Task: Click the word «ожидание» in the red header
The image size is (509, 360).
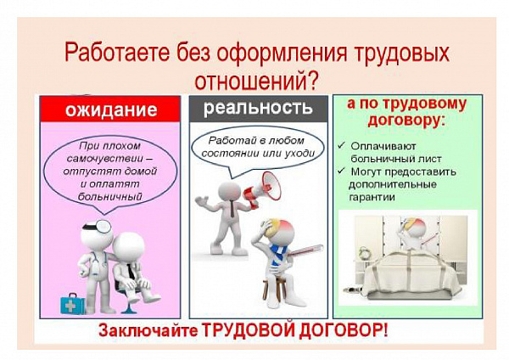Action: coord(111,110)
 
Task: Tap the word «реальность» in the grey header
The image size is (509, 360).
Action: coord(258,108)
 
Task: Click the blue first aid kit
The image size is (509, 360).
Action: coord(72,303)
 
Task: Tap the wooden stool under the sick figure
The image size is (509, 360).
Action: coord(274,290)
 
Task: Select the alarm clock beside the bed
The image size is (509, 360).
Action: coord(365,254)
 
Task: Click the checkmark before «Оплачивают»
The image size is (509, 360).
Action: coord(341,145)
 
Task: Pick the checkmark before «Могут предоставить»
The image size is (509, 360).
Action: coord(341,171)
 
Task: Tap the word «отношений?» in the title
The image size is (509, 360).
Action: coord(256,81)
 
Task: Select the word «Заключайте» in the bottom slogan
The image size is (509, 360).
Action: coord(148,331)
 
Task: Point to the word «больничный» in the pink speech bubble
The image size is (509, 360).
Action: coord(110,197)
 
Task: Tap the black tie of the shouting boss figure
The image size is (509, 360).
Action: coord(232,209)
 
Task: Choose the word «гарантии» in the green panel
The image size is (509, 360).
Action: coord(372,198)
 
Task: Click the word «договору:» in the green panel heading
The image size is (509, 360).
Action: coord(406,121)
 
